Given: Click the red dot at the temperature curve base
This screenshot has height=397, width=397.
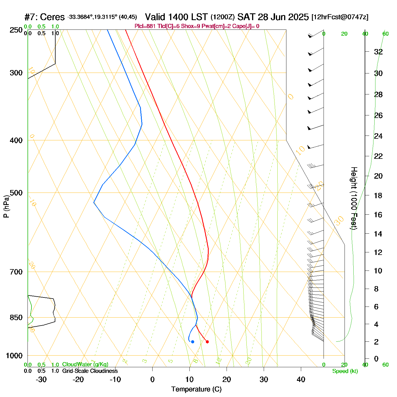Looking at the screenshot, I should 207,342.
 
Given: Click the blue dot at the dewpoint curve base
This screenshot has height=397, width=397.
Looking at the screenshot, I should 193,342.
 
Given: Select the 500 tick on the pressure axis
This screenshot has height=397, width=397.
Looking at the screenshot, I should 16,193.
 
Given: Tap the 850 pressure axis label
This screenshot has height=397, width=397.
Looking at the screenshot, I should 16,318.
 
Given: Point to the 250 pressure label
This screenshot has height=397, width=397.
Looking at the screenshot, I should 16,30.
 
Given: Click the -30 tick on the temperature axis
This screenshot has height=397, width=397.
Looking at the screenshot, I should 41,379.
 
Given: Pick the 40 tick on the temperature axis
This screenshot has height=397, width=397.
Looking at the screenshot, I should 301,379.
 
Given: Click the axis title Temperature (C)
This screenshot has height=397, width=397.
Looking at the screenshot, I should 196,389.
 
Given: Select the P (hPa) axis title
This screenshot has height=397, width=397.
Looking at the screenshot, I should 6,206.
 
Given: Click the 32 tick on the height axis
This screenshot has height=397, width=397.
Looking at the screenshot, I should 378,52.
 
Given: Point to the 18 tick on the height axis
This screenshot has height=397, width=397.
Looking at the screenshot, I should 378,195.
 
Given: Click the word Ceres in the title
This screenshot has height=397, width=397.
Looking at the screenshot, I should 52,17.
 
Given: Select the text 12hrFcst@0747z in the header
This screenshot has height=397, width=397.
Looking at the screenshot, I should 340,17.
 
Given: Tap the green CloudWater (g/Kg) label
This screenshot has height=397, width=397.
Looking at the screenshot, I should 85,364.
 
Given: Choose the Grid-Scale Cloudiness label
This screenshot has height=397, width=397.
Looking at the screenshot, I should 90,371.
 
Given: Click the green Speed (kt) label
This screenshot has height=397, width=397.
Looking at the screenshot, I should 345,371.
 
